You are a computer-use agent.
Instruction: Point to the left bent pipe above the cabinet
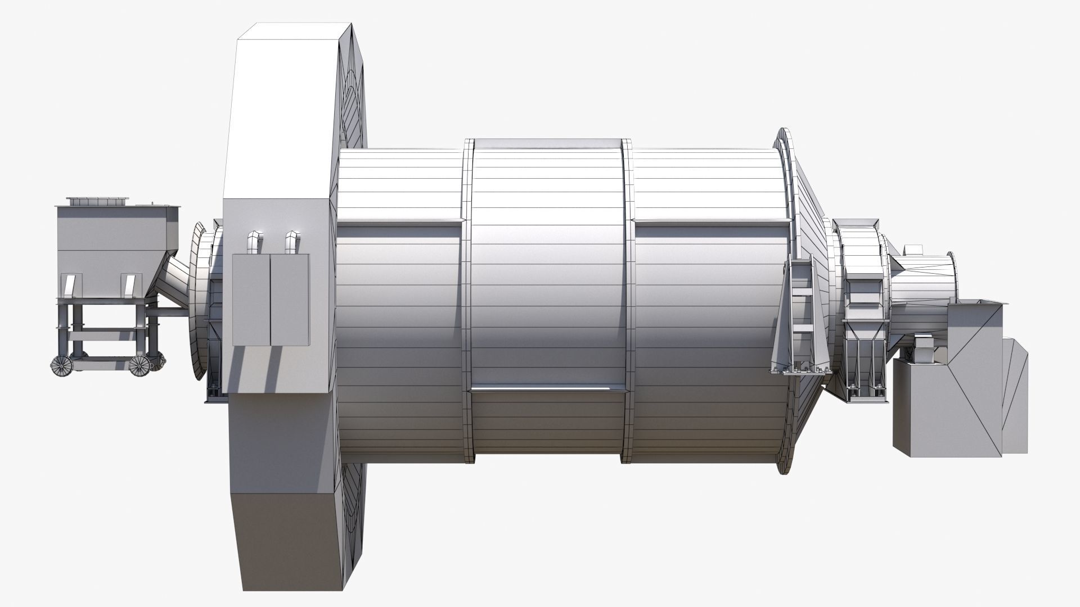(x=253, y=241)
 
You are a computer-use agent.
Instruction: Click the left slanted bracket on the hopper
(x=70, y=285)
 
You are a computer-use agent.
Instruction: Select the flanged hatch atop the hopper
(x=97, y=201)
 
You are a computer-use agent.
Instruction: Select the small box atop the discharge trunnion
(x=913, y=249)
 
